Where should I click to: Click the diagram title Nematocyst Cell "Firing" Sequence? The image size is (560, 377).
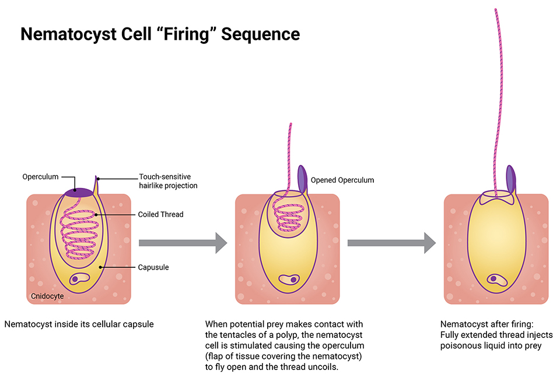click(x=160, y=34)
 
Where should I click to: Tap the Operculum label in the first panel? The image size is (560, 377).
click(x=40, y=177)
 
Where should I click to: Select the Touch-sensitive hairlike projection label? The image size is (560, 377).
click(x=164, y=181)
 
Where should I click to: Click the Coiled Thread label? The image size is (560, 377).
click(x=161, y=215)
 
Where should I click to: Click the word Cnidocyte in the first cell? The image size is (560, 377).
click(x=47, y=296)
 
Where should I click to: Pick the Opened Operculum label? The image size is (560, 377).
click(x=342, y=180)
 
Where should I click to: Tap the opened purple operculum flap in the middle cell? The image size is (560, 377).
click(x=302, y=179)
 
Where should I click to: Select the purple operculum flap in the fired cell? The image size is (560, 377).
click(x=510, y=179)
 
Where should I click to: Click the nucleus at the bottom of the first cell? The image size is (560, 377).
click(x=79, y=280)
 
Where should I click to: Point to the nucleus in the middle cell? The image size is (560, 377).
click(x=288, y=280)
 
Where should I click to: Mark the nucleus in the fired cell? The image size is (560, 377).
click(x=497, y=280)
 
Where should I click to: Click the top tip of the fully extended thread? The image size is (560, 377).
click(x=496, y=11)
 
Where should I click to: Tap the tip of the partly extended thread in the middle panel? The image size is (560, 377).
click(x=290, y=125)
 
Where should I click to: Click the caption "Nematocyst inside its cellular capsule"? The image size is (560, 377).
click(x=79, y=324)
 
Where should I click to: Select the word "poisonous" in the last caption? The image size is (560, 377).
click(x=460, y=345)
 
